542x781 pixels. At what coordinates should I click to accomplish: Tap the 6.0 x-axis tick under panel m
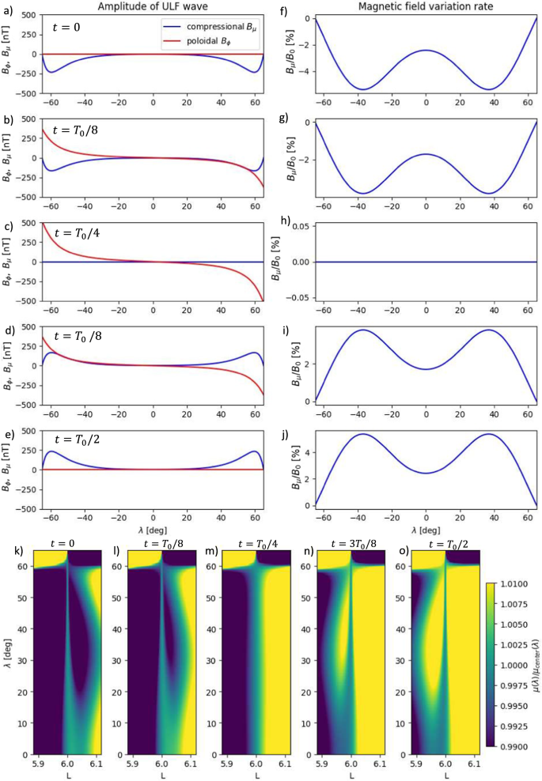coord(255,760)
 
